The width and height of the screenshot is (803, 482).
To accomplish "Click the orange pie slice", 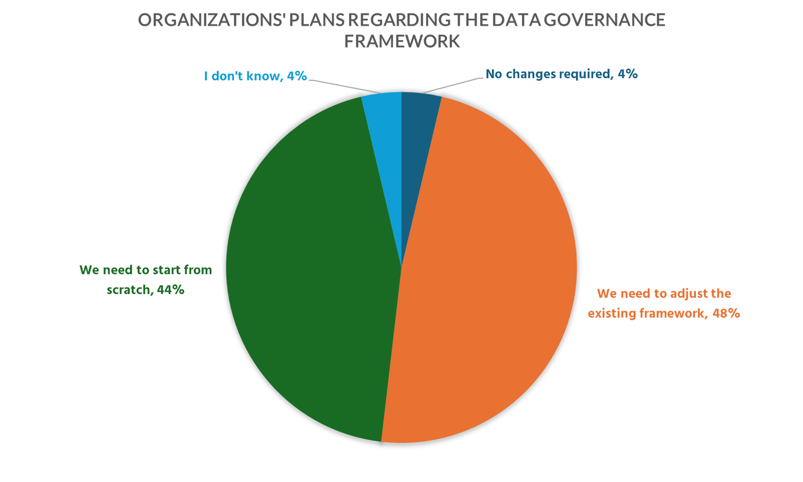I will (490, 275).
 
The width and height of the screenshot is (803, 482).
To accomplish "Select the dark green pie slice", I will (311, 264).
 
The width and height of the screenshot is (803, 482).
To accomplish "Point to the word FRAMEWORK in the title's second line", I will (402, 41).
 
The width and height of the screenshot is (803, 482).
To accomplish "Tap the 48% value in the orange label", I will (726, 314).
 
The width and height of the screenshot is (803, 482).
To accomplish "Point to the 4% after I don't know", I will (297, 76).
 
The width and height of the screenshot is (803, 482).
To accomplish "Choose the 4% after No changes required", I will (628, 74).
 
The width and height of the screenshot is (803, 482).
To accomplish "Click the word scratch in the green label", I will (128, 290).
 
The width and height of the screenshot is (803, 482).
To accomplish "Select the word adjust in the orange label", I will (679, 294).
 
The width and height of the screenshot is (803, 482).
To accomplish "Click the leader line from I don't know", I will (343, 86).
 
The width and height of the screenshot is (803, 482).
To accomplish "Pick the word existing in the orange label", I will (612, 314).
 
